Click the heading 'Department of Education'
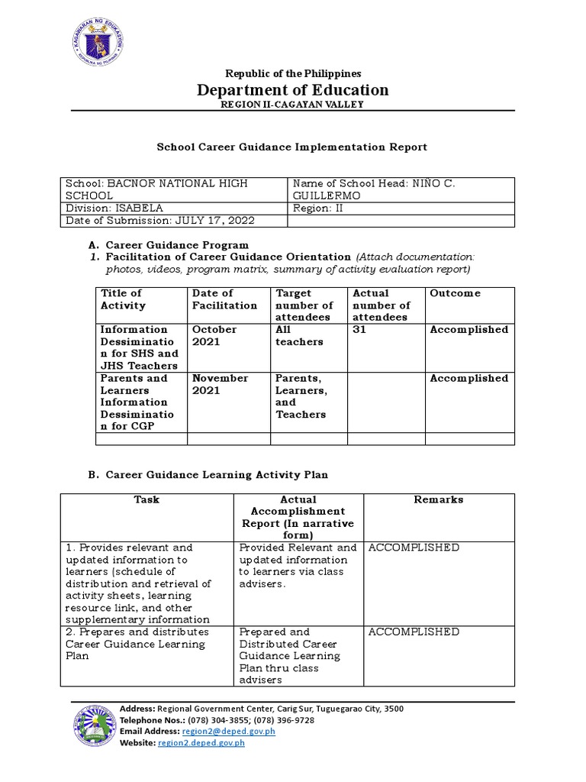pos(293,90)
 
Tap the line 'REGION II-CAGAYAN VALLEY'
pos(293,105)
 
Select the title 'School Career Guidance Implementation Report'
pos(292,147)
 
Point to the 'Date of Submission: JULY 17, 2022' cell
pos(160,221)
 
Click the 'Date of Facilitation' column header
pos(224,299)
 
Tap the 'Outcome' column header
pos(456,293)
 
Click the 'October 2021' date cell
pos(215,336)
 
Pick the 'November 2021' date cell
pos(220,384)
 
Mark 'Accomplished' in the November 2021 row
pos(468,379)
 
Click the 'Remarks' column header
pos(439,499)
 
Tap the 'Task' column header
pos(146,499)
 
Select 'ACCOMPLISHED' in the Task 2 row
pos(414,632)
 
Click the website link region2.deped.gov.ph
pos(201,743)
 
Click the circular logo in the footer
pos(95,726)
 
